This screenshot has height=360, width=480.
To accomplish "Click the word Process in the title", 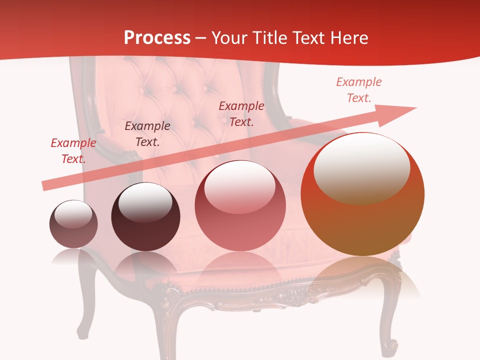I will [x=157, y=38].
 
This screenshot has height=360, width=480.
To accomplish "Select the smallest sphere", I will [x=73, y=224].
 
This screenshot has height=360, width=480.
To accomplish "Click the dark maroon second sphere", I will [x=145, y=217].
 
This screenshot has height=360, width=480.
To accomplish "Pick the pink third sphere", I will [x=240, y=206].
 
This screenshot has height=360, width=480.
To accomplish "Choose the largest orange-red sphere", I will [x=362, y=195].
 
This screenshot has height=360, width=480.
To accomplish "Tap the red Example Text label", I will [x=73, y=151].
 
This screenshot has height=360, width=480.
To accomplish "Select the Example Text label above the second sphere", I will [x=147, y=134].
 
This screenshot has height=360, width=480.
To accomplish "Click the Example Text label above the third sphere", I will [x=241, y=113].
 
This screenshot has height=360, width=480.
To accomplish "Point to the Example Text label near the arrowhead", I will [x=358, y=90].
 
